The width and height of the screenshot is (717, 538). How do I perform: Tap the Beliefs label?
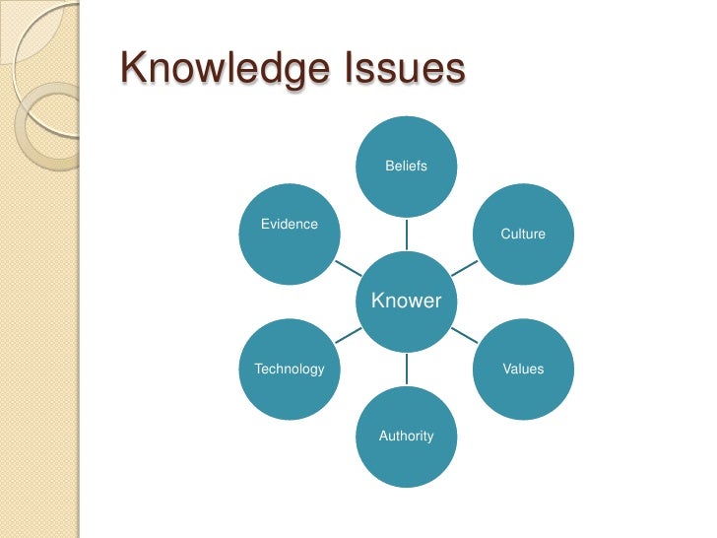coord(406,167)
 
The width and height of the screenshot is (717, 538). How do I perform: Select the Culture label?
coord(523,235)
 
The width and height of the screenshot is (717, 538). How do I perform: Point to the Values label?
coord(523,369)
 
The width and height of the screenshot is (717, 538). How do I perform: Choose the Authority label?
coord(406,436)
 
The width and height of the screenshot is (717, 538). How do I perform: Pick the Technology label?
coord(290,369)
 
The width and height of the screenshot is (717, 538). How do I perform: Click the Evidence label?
coord(290,224)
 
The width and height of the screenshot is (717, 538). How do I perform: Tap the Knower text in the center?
coord(406,301)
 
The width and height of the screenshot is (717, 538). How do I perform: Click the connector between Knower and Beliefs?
coord(406,234)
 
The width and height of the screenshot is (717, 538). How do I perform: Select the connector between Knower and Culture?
coord(464,267)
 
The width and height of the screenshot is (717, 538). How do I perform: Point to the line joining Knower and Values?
coord(464,335)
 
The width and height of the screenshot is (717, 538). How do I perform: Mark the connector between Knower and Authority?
coord(406,369)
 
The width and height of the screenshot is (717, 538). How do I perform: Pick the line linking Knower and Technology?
coord(348,335)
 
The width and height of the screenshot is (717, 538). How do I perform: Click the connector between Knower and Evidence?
coord(348,267)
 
